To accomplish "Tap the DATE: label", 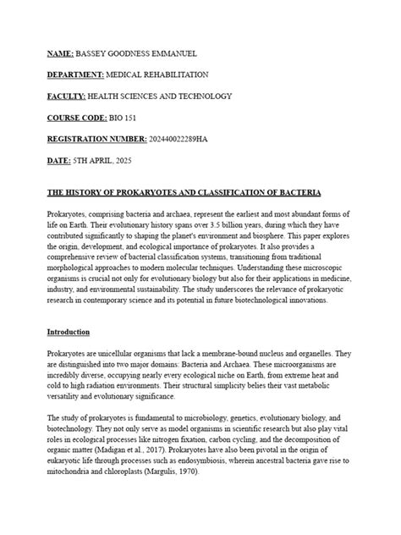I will point(60,161).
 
